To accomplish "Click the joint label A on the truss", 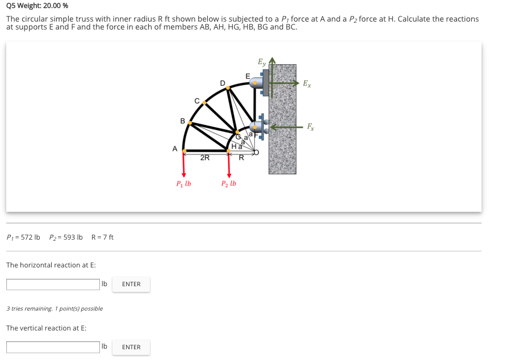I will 175,148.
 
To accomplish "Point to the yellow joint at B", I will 190,123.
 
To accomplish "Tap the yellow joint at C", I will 204,103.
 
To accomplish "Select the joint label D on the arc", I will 223,83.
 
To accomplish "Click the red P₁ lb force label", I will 183,183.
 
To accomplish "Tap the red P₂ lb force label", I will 229,183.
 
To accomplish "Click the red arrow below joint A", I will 183,165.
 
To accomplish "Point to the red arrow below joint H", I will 229,165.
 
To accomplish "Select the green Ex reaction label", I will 307,84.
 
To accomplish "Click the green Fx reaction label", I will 311,127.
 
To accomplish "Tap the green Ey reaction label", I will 261,61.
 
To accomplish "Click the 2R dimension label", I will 205,158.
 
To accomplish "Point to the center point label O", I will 256,152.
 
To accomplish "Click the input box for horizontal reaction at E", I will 53,284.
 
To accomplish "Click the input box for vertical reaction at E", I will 53,347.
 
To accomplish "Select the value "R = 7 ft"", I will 102,237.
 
